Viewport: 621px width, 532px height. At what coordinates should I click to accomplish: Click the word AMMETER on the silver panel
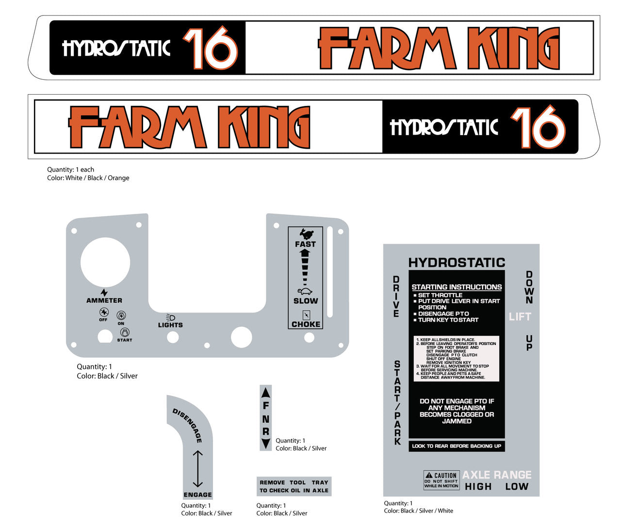tap(104, 300)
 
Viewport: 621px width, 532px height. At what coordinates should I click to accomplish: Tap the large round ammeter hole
tap(105, 262)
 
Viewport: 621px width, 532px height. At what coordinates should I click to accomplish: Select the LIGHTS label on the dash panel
tap(170, 325)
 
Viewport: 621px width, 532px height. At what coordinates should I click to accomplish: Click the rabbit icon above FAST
tap(306, 234)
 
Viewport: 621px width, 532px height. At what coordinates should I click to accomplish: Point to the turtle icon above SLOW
tap(305, 292)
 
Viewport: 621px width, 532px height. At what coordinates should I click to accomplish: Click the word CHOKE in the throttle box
tap(306, 324)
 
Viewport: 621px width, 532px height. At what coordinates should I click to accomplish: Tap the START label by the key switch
tap(124, 340)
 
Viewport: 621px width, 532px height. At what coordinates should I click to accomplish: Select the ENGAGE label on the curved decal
tap(197, 495)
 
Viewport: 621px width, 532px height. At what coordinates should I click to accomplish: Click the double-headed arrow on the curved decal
tap(197, 469)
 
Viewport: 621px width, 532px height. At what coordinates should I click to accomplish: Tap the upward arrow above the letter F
tap(266, 392)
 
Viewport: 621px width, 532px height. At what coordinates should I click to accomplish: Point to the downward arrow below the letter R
tap(266, 444)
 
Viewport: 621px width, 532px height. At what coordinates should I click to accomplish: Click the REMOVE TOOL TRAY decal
tap(294, 486)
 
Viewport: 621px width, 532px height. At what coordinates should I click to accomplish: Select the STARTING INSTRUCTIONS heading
tap(457, 287)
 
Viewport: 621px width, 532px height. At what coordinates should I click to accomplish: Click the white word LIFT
tap(520, 317)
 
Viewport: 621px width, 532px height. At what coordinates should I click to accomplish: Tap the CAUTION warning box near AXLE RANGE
tap(441, 480)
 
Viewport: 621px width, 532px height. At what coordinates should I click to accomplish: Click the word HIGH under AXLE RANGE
tap(478, 486)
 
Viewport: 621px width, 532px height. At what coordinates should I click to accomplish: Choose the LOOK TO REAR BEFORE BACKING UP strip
tap(457, 446)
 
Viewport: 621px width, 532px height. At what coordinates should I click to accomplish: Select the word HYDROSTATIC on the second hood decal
tap(444, 127)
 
